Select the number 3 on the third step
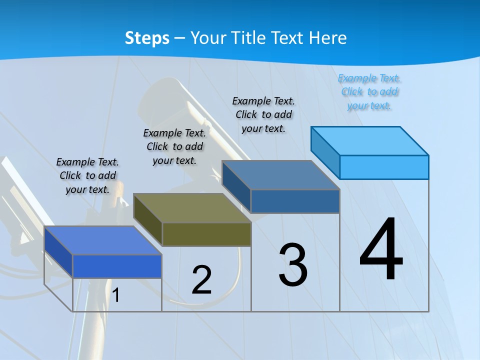point(293,264)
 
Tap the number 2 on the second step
point(201,279)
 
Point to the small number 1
point(116,295)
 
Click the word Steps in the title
point(147,38)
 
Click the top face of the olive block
point(192,208)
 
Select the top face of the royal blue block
point(103,240)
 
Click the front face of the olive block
point(206,234)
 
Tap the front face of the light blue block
point(384,167)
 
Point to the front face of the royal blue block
point(117,266)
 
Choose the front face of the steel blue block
point(295,201)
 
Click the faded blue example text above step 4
point(369,92)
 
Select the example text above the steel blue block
point(263,114)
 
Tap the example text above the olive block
point(174,146)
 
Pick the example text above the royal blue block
point(87,175)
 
